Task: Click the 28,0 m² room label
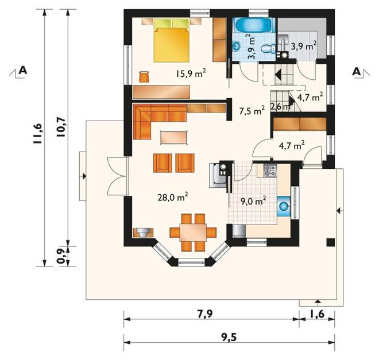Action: coord(173,197)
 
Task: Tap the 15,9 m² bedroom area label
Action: coord(191,73)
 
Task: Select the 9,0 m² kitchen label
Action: coord(253,200)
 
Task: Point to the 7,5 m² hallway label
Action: coord(252,111)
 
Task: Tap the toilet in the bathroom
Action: coord(268,49)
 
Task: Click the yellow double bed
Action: coord(171,41)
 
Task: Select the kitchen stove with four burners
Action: coord(270,171)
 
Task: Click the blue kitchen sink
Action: coord(283,206)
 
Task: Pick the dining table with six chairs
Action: coord(193,233)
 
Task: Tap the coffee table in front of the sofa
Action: coord(173,138)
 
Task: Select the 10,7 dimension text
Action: coord(61,127)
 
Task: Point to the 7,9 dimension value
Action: coord(205,314)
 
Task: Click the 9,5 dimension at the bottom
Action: coord(229,338)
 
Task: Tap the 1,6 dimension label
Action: coord(316,314)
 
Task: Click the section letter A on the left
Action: coord(23,70)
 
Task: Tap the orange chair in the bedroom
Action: coord(144,76)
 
